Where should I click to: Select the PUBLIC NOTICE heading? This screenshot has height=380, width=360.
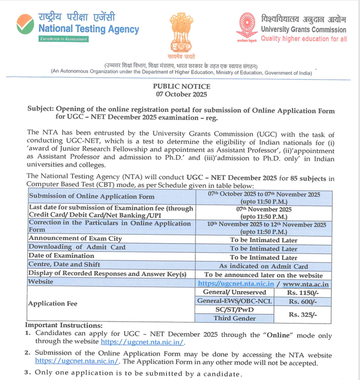coord(182,87)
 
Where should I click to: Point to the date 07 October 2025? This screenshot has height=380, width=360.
coord(182,94)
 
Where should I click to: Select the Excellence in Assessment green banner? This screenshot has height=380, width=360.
coord(64,40)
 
